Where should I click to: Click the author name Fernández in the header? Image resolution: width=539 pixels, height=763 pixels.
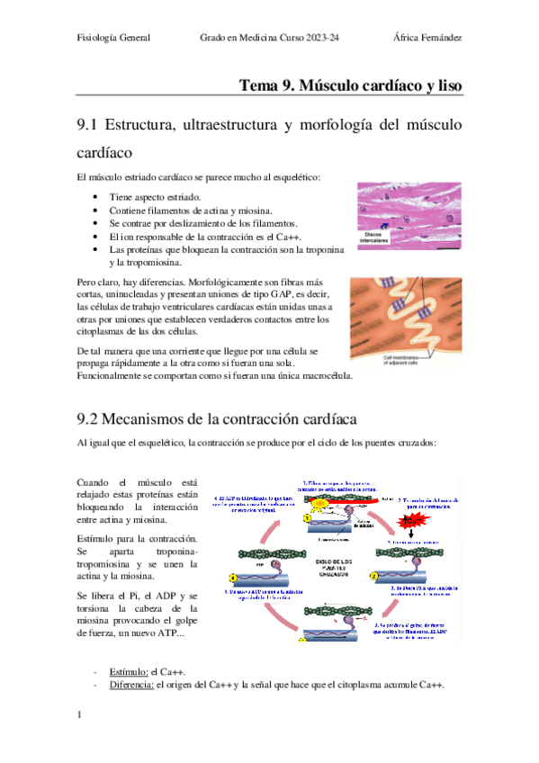(439, 39)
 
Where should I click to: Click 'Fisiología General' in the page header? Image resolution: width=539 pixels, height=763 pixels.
(113, 39)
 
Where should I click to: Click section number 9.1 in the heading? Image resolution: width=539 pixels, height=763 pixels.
(92, 124)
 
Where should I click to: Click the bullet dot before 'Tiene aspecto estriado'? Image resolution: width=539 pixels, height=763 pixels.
(95, 196)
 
